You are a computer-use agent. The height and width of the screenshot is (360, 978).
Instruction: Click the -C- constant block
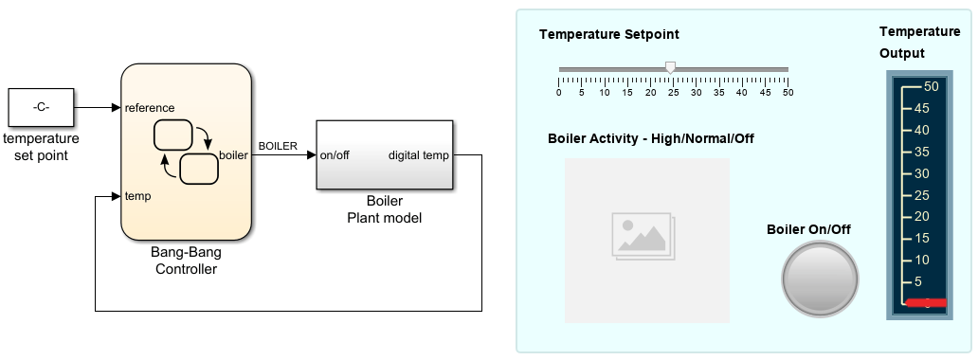point(41,107)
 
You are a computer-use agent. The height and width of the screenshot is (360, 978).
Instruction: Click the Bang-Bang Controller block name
point(186,261)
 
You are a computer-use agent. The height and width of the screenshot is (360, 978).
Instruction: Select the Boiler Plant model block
point(384,154)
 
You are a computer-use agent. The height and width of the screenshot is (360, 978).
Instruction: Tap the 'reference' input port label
point(150,108)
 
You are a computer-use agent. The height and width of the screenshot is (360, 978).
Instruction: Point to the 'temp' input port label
point(137,196)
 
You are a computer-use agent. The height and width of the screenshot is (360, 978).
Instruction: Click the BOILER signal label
point(278,146)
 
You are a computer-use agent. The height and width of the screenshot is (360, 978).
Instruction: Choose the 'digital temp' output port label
point(418,155)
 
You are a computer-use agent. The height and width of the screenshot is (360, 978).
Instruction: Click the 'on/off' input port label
point(335,155)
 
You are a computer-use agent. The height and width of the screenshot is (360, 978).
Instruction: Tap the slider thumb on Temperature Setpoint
point(671,67)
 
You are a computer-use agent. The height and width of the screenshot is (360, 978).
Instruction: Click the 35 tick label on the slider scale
point(719,93)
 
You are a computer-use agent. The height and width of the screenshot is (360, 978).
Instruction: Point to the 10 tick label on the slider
point(605,93)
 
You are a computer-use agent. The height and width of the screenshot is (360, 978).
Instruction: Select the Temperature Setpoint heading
point(609,34)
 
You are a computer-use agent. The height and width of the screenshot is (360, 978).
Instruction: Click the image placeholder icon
point(643,236)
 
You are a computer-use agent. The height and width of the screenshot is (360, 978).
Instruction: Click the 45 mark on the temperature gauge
point(922,109)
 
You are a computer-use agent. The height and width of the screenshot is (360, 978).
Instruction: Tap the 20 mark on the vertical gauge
point(922,217)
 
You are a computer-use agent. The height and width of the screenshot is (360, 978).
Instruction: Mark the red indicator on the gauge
point(926,303)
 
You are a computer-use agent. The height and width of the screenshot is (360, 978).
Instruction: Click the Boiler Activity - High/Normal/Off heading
point(650,138)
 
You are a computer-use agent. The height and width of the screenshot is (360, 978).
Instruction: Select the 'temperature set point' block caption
point(41,147)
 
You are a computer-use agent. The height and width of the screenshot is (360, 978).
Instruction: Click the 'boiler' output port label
point(233,155)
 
